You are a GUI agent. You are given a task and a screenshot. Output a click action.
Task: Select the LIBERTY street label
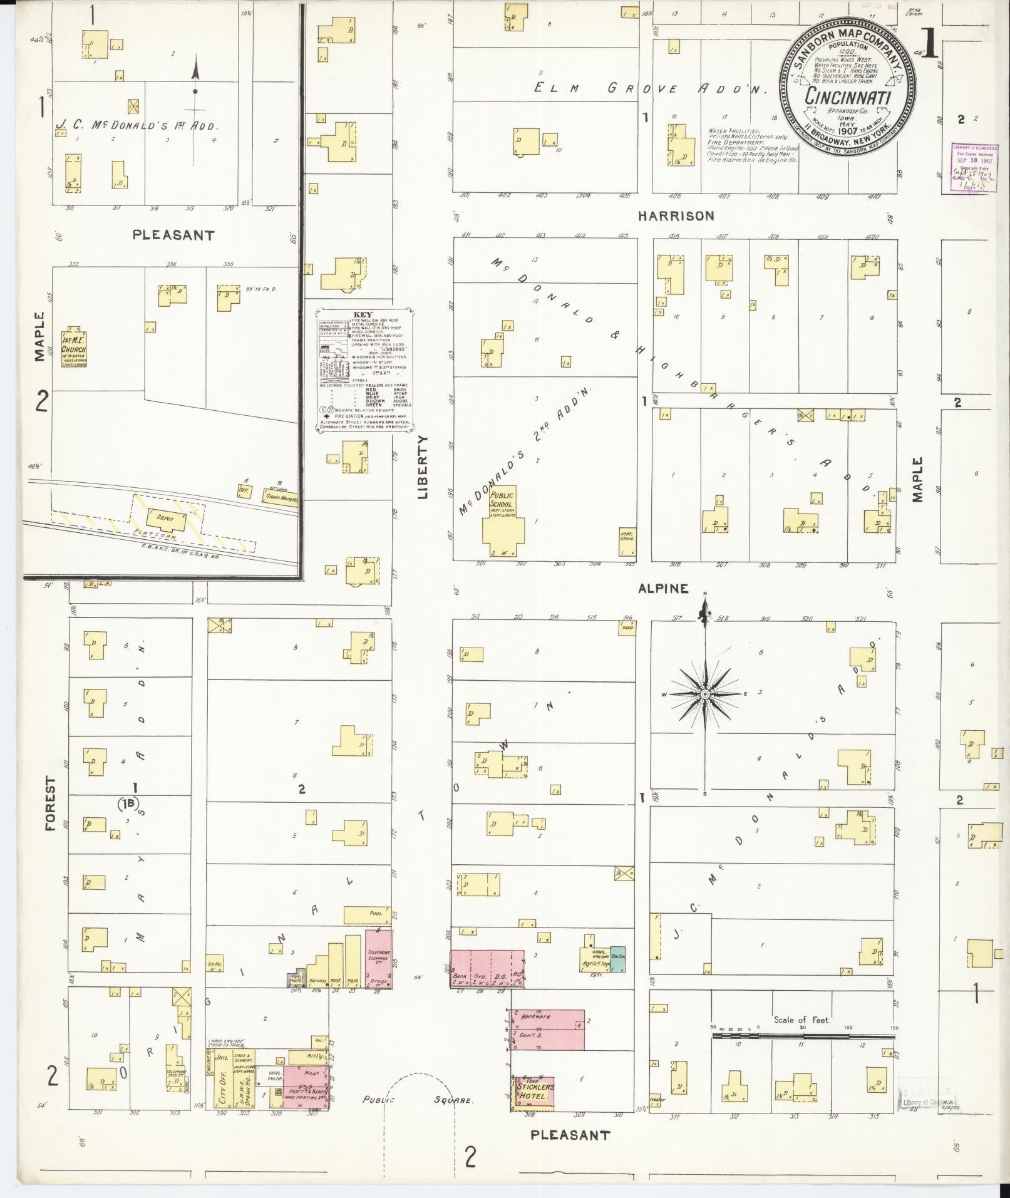point(423,467)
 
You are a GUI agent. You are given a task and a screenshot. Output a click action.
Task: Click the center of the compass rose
point(705,695)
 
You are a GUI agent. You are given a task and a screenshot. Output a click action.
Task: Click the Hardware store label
point(535,1016)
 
